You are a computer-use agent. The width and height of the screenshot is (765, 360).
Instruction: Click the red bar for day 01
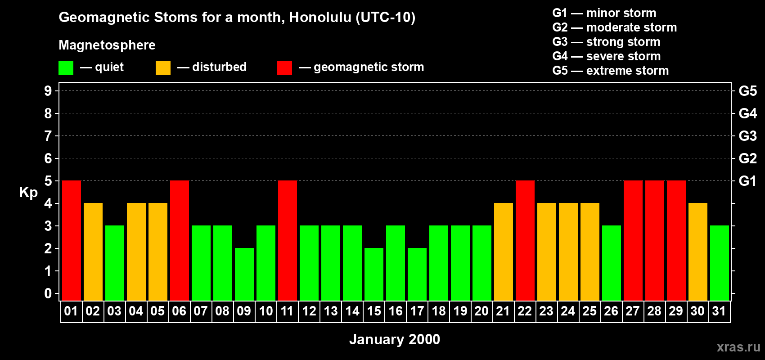point(72,240)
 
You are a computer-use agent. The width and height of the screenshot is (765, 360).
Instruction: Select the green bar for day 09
point(244,274)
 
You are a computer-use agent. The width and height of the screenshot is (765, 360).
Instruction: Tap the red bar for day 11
point(288,240)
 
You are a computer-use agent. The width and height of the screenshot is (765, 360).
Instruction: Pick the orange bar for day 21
point(504,252)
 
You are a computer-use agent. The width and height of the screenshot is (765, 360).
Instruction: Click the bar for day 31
point(720,263)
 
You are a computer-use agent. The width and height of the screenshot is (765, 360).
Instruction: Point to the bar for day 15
point(374,274)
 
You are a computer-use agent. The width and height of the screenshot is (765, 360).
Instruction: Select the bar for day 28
point(655,240)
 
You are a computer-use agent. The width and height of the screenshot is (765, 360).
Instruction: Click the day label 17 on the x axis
point(417,311)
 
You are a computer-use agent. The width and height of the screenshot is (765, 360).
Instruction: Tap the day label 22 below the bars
point(525,311)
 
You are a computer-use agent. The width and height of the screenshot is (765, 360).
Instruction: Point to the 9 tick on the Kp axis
point(48,91)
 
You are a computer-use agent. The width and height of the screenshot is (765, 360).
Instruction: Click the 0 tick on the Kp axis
point(48,293)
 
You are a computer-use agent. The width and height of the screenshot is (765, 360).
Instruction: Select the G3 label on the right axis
point(747,136)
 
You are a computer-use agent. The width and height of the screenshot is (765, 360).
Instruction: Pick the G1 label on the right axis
point(747,181)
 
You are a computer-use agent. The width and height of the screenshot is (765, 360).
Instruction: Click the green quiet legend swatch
point(66,68)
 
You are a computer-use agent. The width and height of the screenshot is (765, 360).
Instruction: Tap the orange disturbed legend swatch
point(163,68)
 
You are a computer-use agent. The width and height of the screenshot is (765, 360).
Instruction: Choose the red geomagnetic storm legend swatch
point(284,68)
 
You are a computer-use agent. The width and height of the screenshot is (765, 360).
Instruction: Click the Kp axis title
point(28,193)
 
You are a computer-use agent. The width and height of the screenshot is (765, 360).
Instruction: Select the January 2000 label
point(395,339)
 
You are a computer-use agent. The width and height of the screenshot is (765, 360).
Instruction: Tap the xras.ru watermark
point(738,347)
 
